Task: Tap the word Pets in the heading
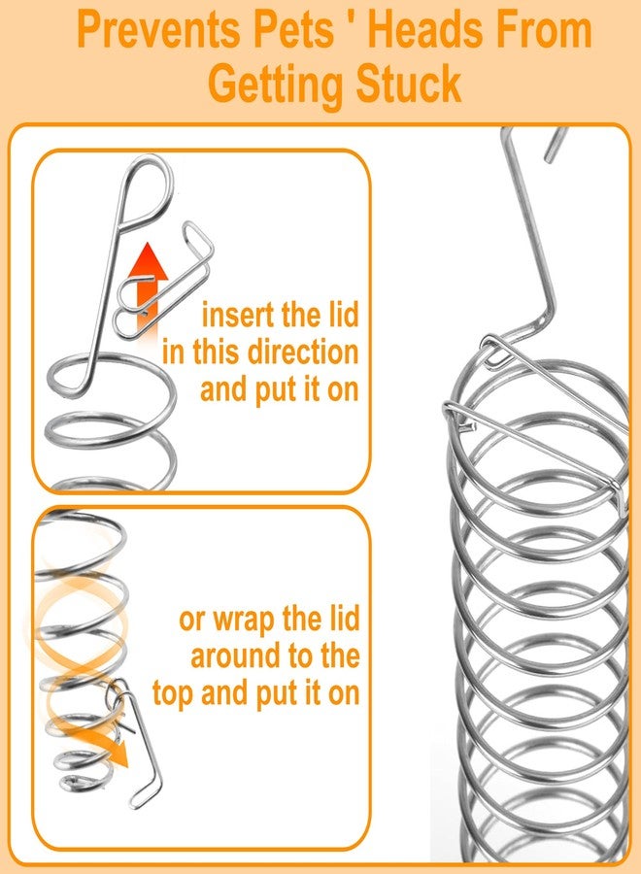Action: pyautogui.click(x=293, y=31)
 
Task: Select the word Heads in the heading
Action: pyautogui.click(x=422, y=31)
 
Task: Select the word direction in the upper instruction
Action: pyautogui.click(x=303, y=353)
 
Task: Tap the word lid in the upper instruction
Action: pyautogui.click(x=340, y=315)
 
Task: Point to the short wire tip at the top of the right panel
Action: pyautogui.click(x=556, y=145)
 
